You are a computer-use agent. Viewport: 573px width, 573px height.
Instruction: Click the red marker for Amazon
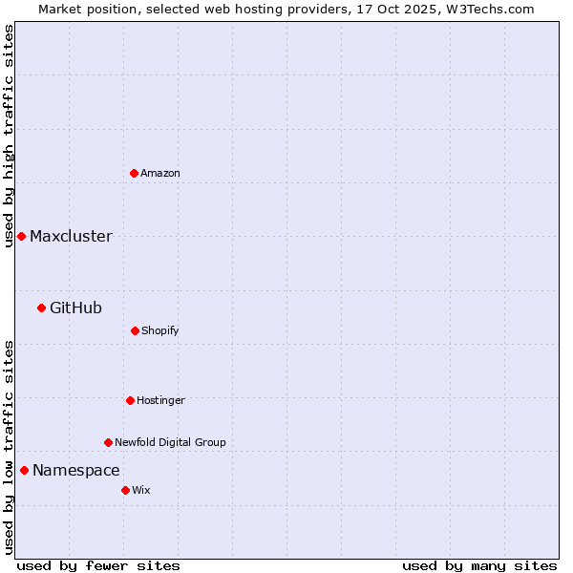click(134, 173)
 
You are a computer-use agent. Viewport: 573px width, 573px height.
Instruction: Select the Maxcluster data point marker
click(21, 236)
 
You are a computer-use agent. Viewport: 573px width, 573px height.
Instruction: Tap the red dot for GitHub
click(41, 308)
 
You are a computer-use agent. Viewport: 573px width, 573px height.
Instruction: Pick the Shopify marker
click(135, 330)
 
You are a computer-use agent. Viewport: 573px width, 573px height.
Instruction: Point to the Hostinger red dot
click(130, 400)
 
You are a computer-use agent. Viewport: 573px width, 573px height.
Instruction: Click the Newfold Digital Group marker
click(108, 442)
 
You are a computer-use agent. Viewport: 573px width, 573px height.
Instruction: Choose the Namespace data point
click(24, 470)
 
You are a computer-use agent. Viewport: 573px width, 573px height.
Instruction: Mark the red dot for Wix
click(125, 490)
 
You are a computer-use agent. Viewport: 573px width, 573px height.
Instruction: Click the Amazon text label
click(160, 173)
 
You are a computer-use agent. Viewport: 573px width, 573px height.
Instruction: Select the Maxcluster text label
click(71, 236)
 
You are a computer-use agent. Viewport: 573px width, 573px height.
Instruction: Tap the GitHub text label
click(75, 308)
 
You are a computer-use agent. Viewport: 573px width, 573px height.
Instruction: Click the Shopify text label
click(160, 330)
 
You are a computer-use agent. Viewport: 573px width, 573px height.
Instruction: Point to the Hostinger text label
click(160, 400)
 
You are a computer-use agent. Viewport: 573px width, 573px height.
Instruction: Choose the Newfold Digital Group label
click(170, 442)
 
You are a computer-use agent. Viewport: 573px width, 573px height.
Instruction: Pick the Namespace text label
click(76, 470)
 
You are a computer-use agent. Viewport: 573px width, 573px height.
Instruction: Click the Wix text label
click(141, 490)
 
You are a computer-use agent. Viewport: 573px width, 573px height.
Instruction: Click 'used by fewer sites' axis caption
click(98, 565)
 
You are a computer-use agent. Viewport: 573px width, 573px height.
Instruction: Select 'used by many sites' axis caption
click(479, 565)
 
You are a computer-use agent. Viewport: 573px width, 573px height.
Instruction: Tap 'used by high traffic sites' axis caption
click(9, 136)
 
